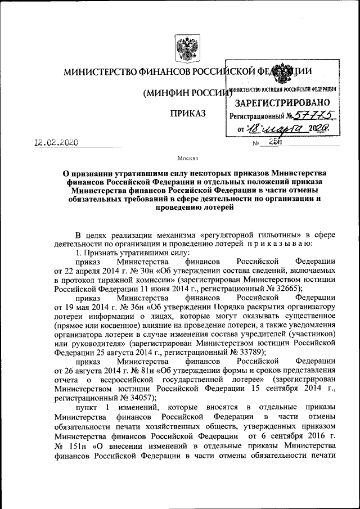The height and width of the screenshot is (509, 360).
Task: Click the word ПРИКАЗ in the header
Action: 187,114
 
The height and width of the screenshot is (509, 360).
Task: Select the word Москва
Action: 187,159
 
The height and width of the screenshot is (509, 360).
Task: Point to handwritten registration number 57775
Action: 317,116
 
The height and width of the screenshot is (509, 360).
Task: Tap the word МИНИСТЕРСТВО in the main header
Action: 102,72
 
